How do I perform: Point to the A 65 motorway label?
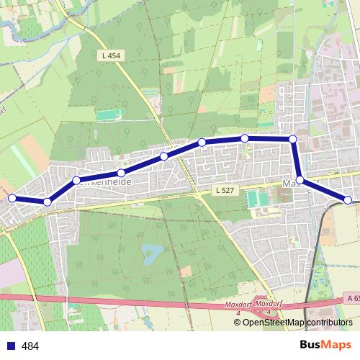(352, 297)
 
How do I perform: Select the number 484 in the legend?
(30, 346)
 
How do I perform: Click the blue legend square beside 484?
(11, 346)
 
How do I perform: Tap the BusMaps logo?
(325, 345)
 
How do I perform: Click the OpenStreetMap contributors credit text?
(297, 322)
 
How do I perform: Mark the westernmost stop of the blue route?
(12, 197)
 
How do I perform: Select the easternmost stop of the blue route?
(348, 199)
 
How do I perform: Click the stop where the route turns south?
(293, 139)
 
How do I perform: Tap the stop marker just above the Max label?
(300, 180)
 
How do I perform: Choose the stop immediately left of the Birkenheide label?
(76, 180)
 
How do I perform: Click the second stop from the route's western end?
(47, 202)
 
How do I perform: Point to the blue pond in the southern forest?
(152, 253)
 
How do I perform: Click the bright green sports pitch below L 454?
(107, 114)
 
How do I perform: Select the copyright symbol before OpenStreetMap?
(238, 322)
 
